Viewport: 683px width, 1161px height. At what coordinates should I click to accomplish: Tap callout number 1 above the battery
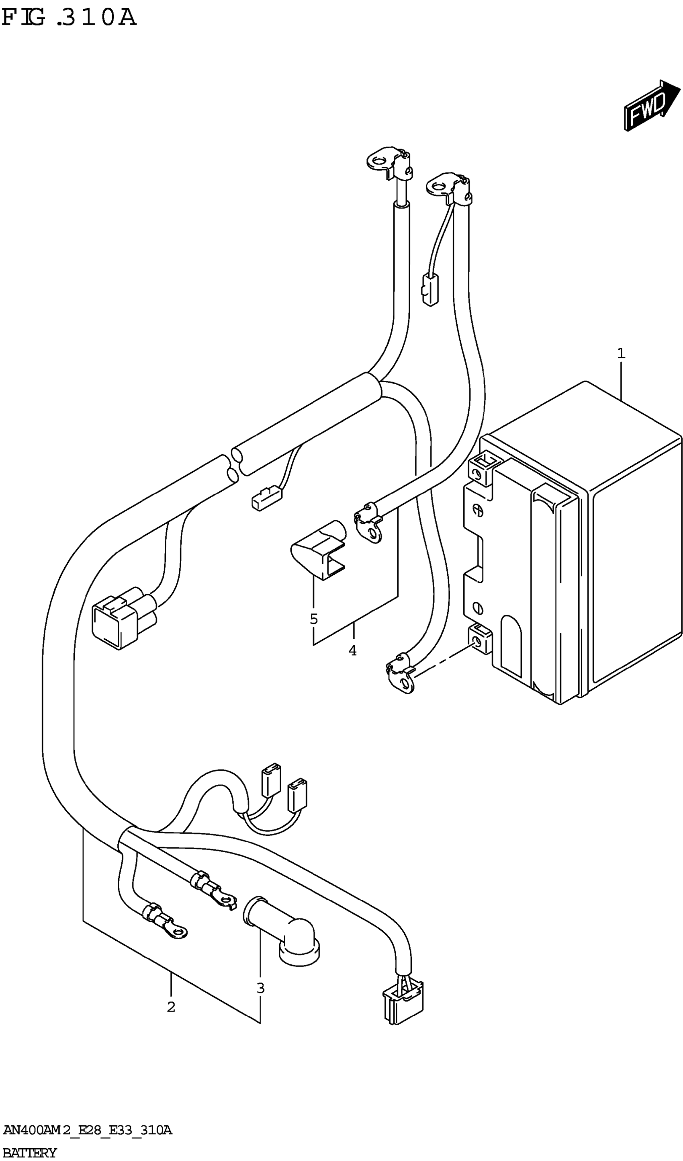(x=621, y=354)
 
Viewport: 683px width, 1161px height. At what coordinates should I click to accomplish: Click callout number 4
(x=352, y=650)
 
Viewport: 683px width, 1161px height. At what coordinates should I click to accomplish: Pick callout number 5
(x=314, y=619)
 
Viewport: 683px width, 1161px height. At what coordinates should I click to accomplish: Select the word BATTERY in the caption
(x=29, y=1153)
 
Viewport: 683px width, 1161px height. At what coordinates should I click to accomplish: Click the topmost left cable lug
(x=389, y=164)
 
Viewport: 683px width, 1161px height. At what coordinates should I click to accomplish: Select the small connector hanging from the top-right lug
(x=429, y=290)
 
